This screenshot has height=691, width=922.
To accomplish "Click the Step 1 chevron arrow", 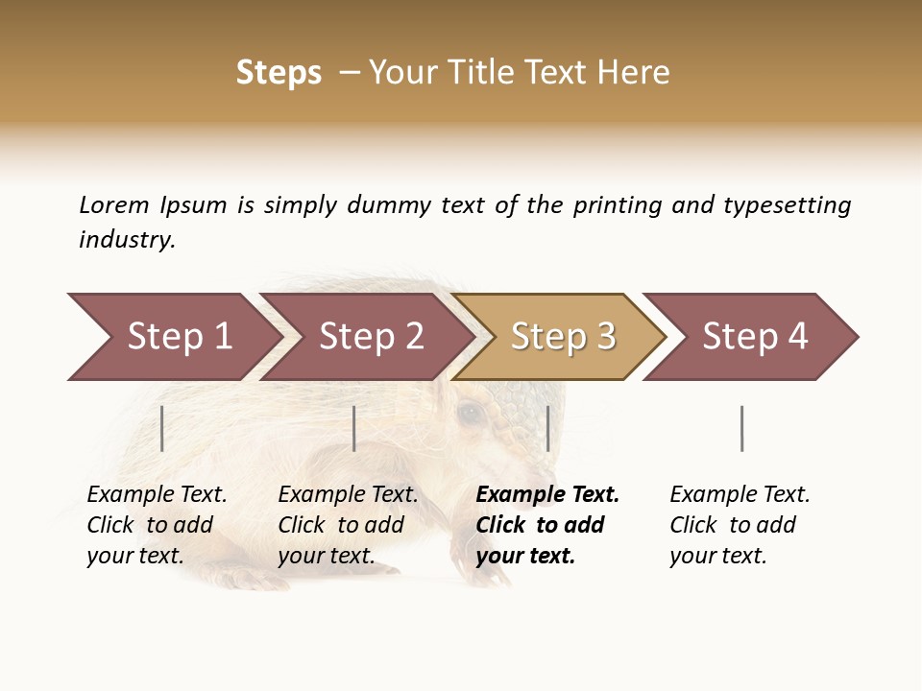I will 173,337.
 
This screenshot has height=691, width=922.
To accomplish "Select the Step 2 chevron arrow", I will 370,337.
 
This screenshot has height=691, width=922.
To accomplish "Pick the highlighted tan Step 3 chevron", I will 562,337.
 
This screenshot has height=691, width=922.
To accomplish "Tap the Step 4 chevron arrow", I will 754,337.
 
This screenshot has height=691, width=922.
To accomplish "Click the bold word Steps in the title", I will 279,73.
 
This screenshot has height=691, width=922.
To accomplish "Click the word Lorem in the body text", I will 114,204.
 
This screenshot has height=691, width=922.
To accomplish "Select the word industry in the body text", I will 126,240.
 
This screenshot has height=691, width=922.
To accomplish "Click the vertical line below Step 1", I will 162,428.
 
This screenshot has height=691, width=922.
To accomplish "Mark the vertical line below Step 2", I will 354,428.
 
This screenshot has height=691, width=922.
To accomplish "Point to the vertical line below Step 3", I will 547,428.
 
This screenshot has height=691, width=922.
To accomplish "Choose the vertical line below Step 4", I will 741,428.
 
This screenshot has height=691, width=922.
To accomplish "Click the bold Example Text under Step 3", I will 547,495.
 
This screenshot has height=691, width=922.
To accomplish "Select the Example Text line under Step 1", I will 157,495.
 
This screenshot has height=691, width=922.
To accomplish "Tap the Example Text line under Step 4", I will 740,495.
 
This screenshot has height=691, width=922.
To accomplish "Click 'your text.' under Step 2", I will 326,556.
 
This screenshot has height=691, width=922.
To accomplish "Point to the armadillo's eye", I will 470,414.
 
